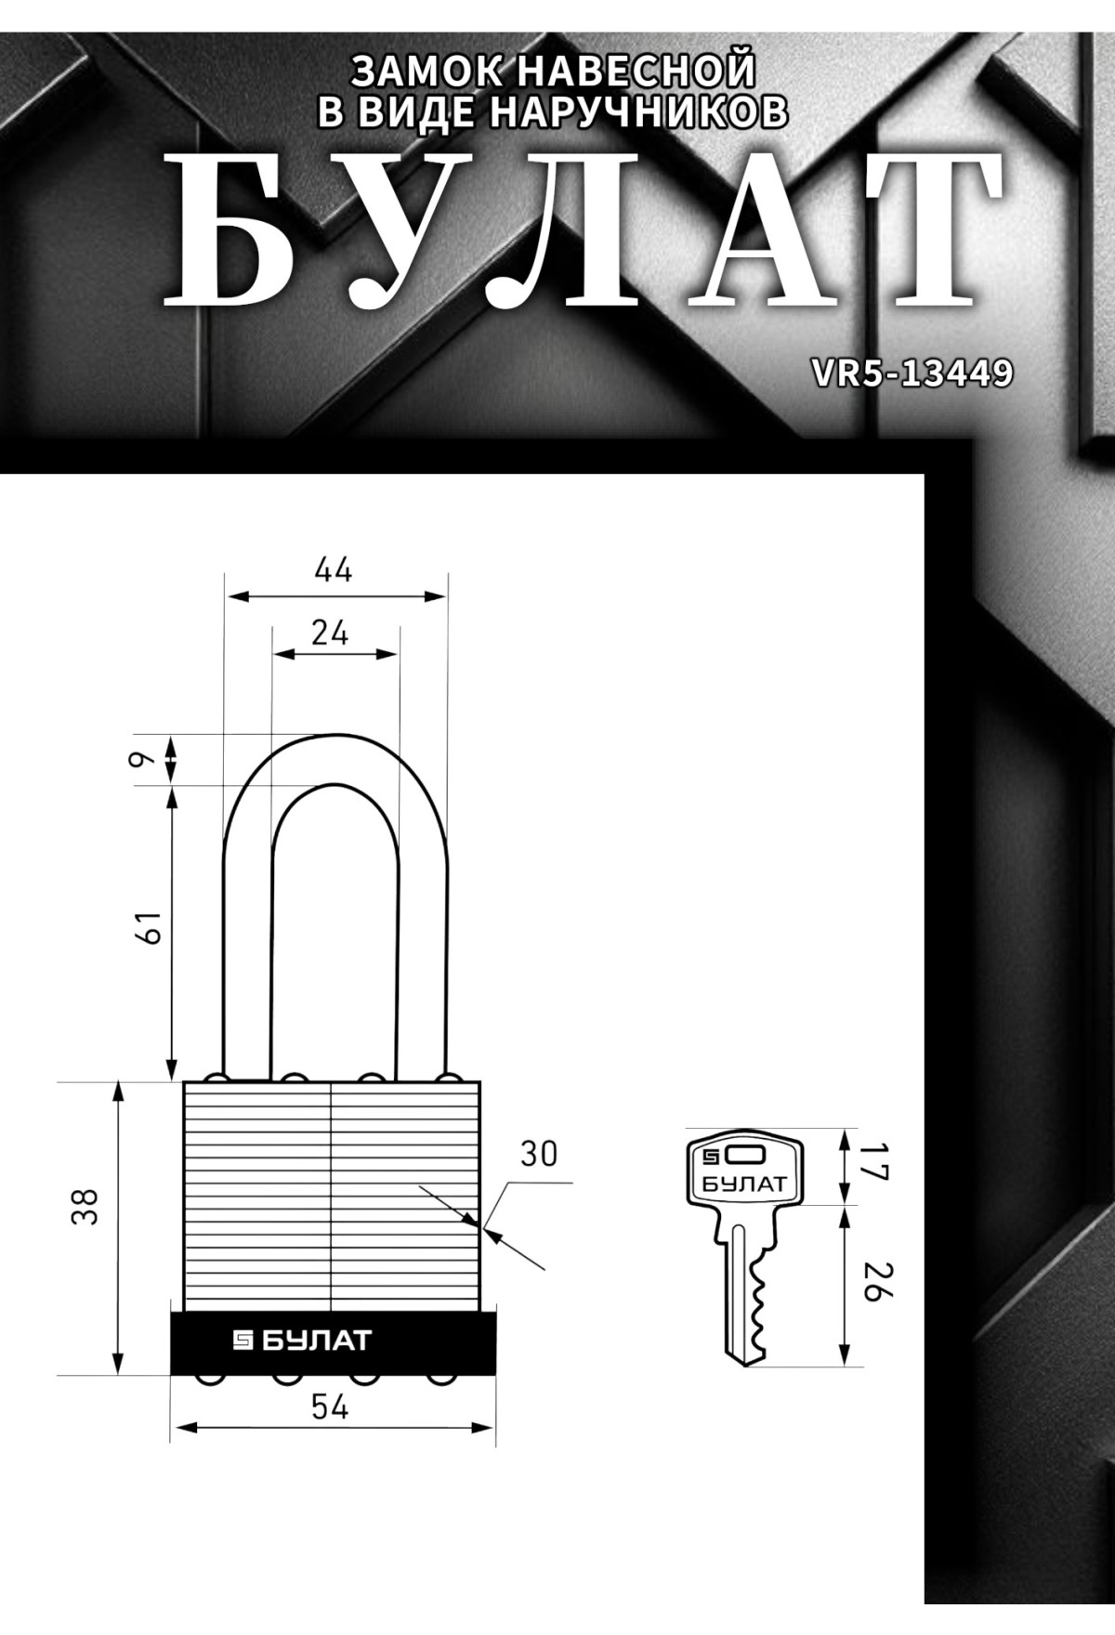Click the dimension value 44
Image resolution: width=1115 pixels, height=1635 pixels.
tap(334, 569)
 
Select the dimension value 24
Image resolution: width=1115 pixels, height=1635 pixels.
tap(330, 633)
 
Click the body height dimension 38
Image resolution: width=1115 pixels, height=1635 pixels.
tap(85, 1207)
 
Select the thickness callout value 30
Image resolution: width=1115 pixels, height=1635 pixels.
tap(538, 1153)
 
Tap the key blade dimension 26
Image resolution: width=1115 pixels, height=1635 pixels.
tap(872, 1281)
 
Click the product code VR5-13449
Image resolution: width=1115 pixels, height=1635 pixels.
tap(912, 373)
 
